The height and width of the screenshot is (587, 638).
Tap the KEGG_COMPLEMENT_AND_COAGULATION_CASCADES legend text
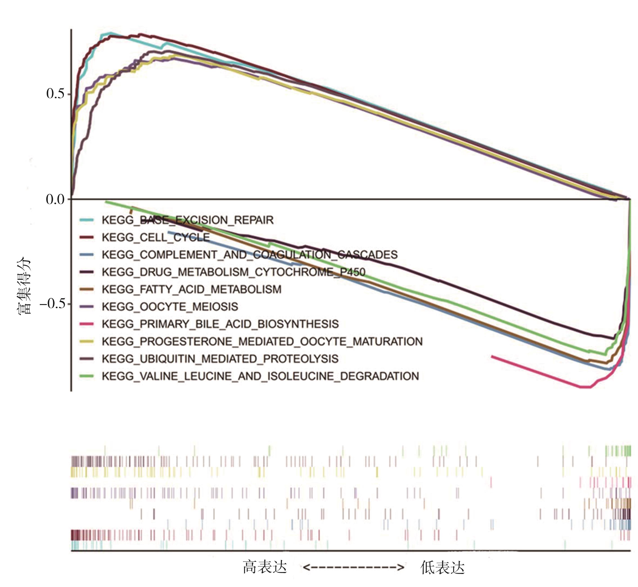250,255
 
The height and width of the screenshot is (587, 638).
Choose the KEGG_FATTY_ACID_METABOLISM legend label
191,289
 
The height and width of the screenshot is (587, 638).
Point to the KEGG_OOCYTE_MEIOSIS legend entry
170,307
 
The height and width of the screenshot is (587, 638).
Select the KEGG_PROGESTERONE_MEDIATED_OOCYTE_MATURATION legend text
262,341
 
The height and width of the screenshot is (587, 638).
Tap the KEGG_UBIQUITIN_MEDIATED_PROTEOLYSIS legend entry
220,359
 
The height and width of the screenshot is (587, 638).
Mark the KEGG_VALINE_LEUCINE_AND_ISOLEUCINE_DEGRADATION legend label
260,376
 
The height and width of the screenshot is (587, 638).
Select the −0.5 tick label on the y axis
52,304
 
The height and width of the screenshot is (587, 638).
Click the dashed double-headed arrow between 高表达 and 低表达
353,567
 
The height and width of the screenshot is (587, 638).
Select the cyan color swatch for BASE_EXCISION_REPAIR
86,220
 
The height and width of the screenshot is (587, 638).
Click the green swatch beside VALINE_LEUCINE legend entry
86,376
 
